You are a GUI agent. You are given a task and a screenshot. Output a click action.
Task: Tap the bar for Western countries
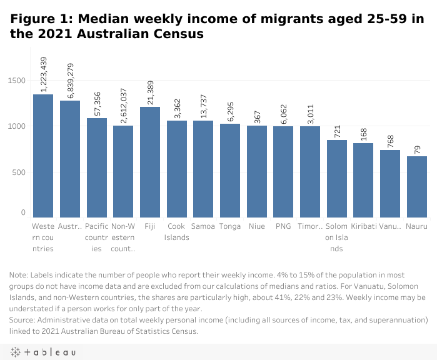[43, 156]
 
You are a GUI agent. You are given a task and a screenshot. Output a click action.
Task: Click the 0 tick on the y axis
[23, 214]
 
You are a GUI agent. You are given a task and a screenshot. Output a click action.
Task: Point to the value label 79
[417, 147]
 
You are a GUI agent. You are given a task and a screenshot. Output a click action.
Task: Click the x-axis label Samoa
[203, 226]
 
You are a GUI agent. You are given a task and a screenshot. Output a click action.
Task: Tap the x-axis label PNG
[283, 226]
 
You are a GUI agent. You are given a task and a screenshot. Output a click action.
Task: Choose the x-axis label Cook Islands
[176, 231]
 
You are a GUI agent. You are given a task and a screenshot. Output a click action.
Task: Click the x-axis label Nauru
[417, 226]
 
